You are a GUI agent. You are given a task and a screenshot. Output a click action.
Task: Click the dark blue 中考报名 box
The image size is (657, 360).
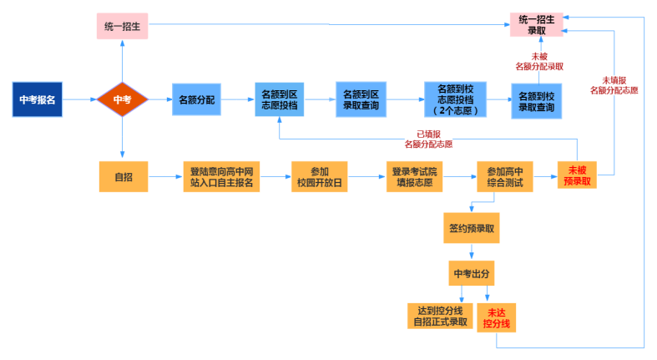pos(38,99)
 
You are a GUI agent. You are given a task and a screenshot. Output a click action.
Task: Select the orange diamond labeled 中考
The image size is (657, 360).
pos(122,99)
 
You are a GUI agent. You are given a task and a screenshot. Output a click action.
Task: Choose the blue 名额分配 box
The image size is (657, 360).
pos(197,99)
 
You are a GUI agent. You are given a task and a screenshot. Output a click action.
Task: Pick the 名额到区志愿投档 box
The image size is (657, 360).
pos(279,100)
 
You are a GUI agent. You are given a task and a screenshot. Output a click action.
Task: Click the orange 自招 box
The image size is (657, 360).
pos(122,176)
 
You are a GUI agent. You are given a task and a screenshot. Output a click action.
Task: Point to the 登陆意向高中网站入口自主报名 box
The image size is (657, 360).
pos(221,176)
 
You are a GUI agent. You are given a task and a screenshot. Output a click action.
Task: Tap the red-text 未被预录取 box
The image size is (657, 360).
pos(577,175)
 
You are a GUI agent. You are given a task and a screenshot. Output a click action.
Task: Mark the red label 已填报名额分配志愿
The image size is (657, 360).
pos(428,139)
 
